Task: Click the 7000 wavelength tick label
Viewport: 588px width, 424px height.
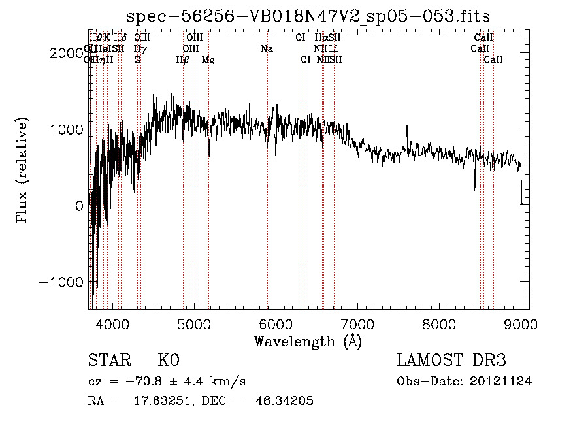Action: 357,324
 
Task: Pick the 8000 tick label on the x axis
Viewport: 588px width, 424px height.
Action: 439,324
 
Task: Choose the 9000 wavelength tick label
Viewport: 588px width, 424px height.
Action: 521,324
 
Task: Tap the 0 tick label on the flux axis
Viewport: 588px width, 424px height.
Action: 79,206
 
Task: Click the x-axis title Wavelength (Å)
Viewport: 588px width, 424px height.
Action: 308,341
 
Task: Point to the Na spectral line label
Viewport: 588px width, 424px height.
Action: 267,48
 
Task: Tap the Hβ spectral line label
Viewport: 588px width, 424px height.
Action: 183,59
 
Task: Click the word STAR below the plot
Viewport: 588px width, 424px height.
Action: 108,361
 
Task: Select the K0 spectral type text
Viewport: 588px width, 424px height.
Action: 169,361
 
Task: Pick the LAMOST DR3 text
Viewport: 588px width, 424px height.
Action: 451,361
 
